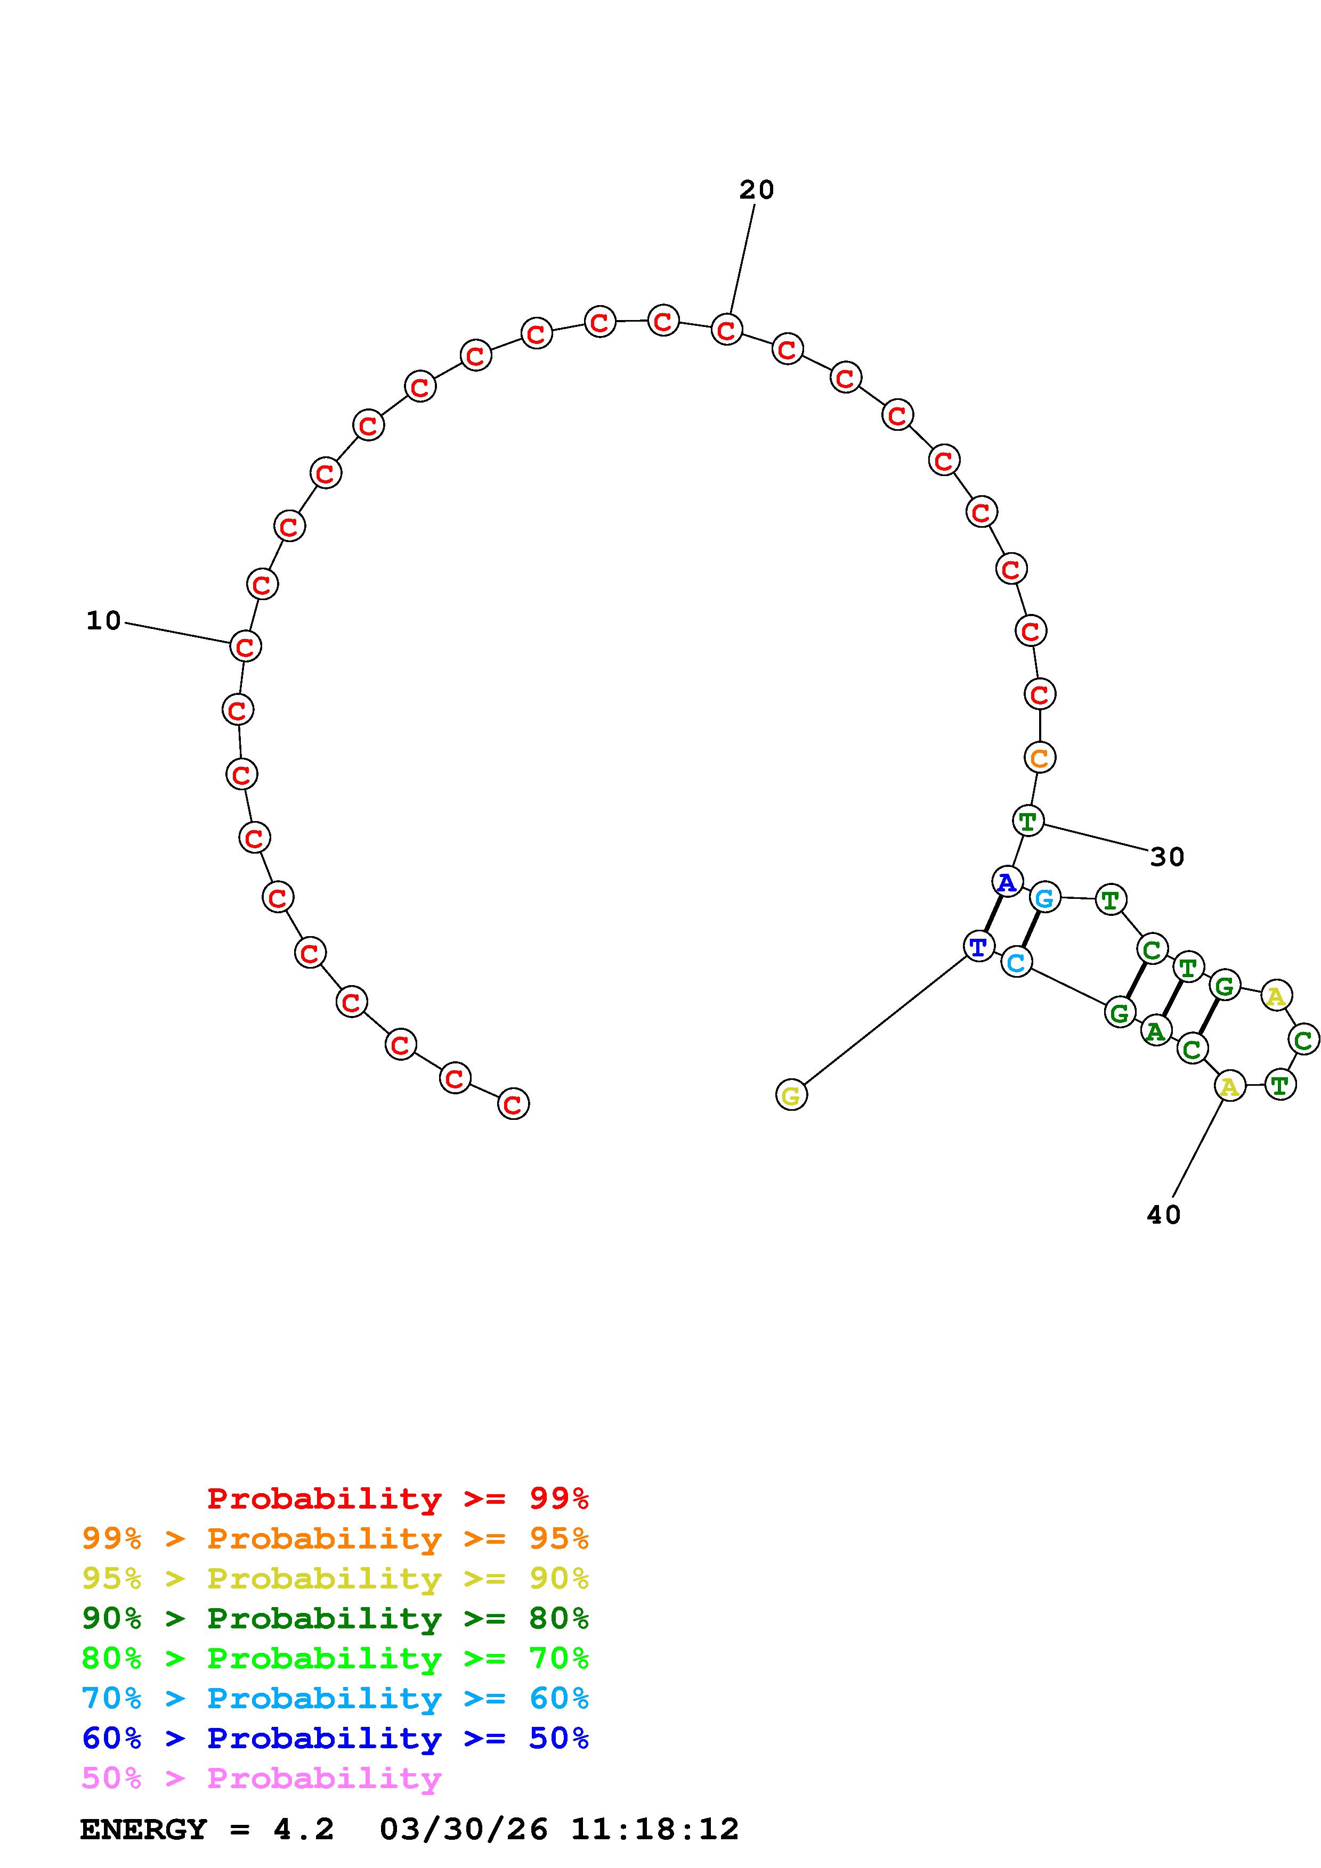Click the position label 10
(x=103, y=621)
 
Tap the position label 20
(x=756, y=190)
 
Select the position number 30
(x=1166, y=857)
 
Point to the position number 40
(x=1163, y=1215)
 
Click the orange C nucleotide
(x=1040, y=757)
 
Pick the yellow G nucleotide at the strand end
(x=791, y=1095)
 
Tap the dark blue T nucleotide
(x=978, y=946)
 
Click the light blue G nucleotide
(x=1045, y=898)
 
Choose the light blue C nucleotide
(x=1016, y=962)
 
